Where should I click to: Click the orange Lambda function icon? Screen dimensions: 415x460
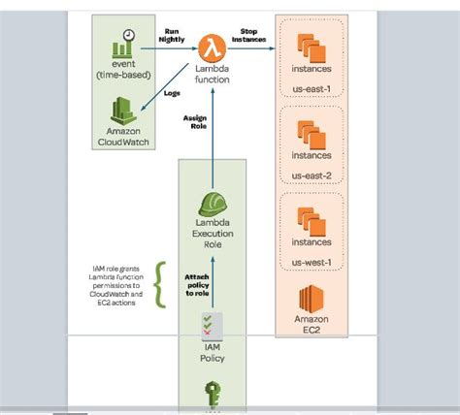pyautogui.click(x=212, y=45)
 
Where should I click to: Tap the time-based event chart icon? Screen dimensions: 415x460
pyautogui.click(x=123, y=45)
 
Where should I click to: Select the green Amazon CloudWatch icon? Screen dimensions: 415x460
pyautogui.click(x=123, y=111)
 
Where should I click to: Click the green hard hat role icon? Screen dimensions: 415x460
pyautogui.click(x=213, y=205)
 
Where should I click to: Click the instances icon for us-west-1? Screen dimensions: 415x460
pyautogui.click(x=312, y=212)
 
